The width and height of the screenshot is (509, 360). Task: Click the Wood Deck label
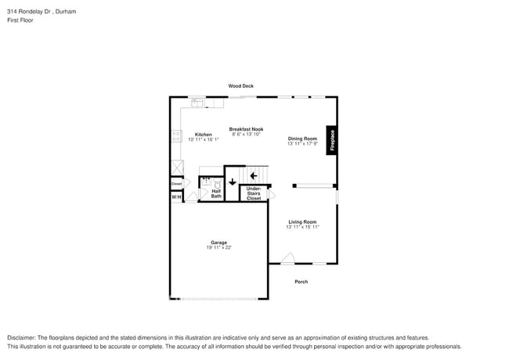(240, 85)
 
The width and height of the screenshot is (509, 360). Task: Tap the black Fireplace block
(332, 140)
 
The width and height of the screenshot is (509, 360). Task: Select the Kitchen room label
(203, 135)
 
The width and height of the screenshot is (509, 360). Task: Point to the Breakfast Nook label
(246, 129)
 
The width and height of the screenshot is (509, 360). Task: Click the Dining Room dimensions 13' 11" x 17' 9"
(301, 143)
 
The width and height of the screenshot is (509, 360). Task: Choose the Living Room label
(301, 221)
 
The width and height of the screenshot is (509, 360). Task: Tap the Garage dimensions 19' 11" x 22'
(218, 247)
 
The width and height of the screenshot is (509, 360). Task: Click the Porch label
(301, 282)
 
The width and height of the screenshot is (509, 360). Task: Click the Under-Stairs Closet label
(254, 193)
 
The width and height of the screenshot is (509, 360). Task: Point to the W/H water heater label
(176, 197)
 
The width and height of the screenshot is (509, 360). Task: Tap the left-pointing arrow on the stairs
(253, 175)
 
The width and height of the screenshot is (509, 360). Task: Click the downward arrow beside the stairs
(233, 182)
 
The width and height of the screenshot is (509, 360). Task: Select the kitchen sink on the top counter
(197, 102)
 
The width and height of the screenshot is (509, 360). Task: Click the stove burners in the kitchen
(176, 135)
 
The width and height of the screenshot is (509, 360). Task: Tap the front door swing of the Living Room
(287, 257)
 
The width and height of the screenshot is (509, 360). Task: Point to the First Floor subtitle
(20, 20)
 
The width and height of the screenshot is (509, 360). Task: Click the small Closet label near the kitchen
(176, 184)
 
